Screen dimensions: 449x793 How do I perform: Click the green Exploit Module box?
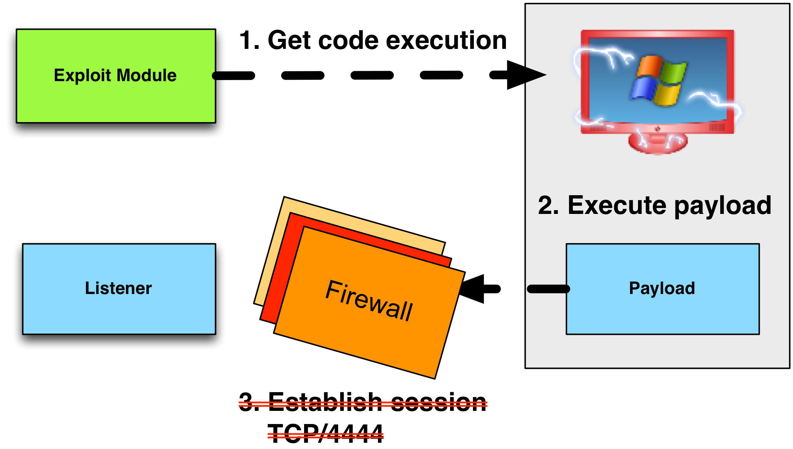click(x=116, y=101)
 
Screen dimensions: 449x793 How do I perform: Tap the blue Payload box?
click(x=662, y=309)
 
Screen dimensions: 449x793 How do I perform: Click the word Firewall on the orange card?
click(x=369, y=300)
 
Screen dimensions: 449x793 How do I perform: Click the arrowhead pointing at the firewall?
click(x=473, y=289)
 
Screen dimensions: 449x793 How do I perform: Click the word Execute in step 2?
click(x=617, y=205)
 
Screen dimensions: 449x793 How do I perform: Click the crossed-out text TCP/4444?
click(x=325, y=433)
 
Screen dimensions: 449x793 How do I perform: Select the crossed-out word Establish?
click(x=325, y=402)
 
